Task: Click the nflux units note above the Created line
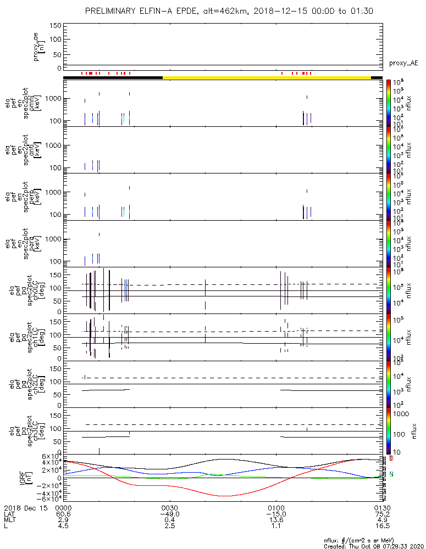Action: point(367,540)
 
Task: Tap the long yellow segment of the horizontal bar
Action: point(267,77)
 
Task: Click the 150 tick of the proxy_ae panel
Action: point(55,26)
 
